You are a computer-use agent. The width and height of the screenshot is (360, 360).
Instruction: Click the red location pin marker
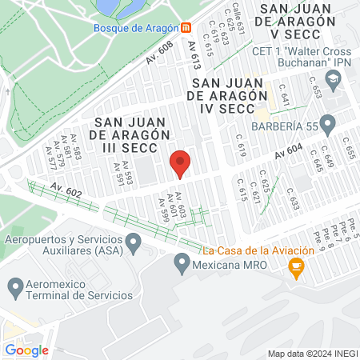point(180,163)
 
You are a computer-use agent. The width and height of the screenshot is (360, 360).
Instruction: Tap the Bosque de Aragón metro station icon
point(186,27)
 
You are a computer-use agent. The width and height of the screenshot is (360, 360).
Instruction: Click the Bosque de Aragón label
point(135,27)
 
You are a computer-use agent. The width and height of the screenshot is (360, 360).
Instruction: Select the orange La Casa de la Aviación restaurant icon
point(296,269)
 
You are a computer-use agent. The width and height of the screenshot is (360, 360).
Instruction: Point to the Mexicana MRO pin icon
point(182,262)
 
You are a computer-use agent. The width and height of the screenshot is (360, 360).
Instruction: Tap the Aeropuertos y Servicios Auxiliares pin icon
point(135,240)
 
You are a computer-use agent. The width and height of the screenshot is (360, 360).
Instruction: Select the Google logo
point(26,350)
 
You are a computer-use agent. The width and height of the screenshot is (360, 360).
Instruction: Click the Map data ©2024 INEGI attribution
point(311,353)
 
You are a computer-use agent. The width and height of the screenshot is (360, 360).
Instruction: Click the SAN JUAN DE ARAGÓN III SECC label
point(134,134)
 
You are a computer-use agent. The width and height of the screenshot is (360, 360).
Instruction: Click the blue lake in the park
point(116,6)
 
